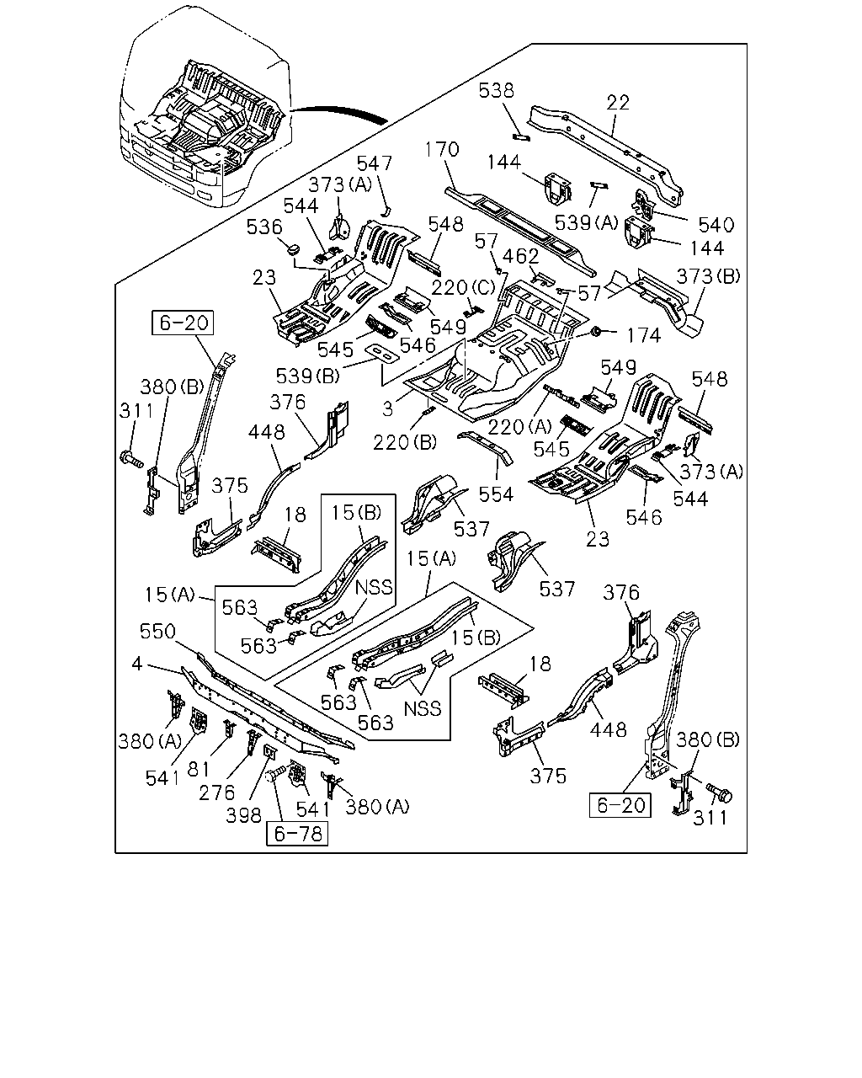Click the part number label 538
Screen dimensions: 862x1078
coord(496,91)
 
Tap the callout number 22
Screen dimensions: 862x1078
coord(618,103)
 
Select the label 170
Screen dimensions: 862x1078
coord(442,149)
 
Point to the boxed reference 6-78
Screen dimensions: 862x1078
coord(297,834)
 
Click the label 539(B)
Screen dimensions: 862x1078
coord(308,376)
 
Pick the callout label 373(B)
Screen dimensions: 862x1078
coord(708,276)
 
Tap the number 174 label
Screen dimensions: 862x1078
coord(644,335)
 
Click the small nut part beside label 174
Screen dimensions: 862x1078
coord(595,331)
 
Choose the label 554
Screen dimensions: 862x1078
coord(496,494)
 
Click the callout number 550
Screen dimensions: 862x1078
coord(157,632)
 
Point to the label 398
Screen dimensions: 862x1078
coord(243,815)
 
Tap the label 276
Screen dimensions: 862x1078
coord(216,792)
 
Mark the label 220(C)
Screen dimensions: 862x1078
coord(463,287)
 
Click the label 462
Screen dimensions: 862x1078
coord(520,257)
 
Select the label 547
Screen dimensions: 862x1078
coord(374,163)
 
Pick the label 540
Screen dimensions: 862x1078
coord(716,226)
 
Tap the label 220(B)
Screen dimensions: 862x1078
coord(405,442)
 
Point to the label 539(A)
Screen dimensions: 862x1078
coord(587,222)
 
